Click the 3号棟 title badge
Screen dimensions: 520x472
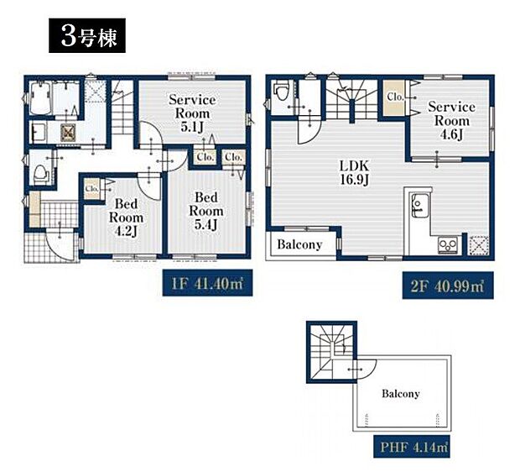point(87,35)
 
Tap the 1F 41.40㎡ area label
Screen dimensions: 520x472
point(207,283)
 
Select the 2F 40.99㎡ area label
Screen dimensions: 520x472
point(448,286)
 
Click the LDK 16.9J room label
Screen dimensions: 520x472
point(355,172)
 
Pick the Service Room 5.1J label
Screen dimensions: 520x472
point(192,113)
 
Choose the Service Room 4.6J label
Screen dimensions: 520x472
point(451,121)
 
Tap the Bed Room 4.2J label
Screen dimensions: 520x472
point(126,218)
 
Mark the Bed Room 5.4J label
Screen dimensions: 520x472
point(206,211)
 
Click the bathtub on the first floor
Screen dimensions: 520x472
point(40,98)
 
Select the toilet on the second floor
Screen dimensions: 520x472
point(281,91)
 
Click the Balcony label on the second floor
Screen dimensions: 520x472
point(299,244)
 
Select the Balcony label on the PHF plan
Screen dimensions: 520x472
point(401,394)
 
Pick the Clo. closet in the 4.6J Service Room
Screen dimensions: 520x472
point(395,97)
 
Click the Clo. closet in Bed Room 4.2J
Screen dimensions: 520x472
point(92,189)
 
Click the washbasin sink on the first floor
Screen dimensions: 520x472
point(38,132)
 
